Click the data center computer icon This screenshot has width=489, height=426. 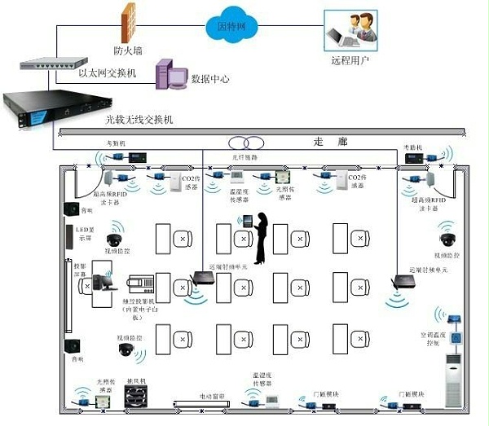coord(168,74)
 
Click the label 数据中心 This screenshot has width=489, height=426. coord(209,80)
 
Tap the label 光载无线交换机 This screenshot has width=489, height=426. coord(139,120)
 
